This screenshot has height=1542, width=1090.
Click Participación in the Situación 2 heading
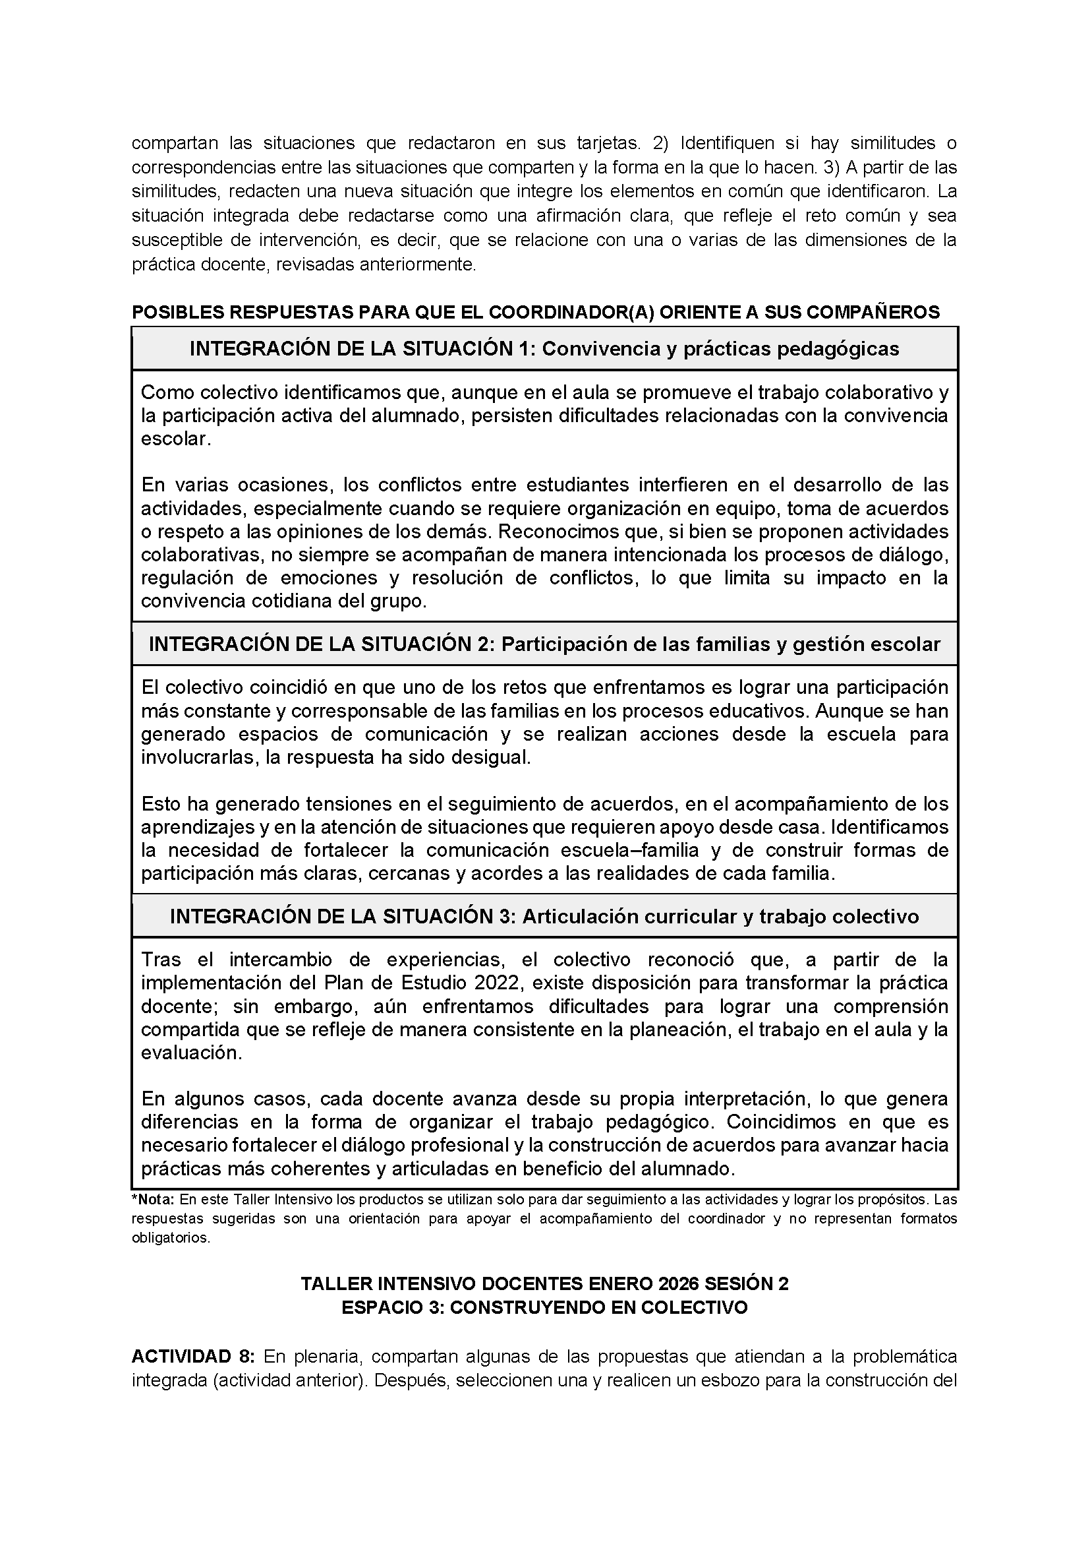click(x=570, y=644)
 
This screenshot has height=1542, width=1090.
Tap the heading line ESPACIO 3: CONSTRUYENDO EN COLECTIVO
click(x=544, y=1308)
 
